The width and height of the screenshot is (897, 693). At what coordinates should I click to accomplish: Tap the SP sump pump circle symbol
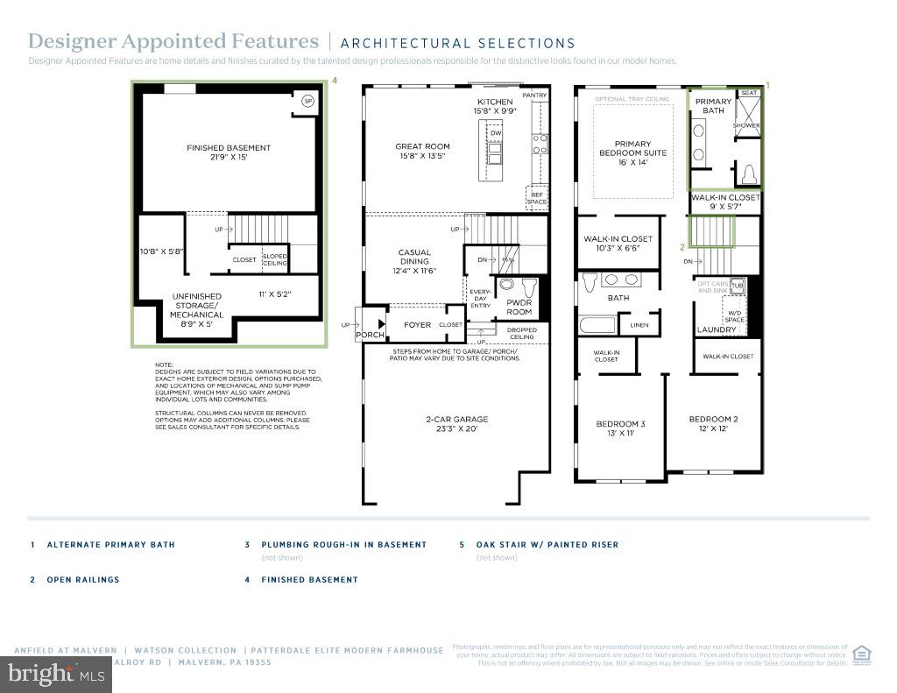(x=307, y=102)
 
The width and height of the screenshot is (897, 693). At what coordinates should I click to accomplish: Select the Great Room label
(x=422, y=152)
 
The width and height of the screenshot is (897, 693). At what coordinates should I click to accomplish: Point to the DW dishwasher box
(x=495, y=132)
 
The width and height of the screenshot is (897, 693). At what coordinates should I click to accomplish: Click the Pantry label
(x=534, y=95)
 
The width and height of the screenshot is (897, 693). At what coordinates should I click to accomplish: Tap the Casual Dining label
(x=414, y=261)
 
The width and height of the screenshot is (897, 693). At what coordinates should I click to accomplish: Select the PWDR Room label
(x=519, y=307)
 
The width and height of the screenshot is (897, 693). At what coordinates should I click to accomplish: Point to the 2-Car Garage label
(x=456, y=424)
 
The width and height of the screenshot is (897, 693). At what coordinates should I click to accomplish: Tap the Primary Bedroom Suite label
(x=632, y=153)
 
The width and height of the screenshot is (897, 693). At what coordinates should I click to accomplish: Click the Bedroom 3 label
(x=620, y=428)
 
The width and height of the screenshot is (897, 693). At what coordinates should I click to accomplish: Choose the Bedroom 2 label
(x=713, y=424)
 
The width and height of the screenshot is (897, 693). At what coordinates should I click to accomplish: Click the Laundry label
(x=716, y=330)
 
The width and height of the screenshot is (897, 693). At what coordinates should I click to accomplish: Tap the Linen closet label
(x=639, y=325)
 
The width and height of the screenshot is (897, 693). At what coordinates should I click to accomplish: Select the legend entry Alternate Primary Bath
(x=110, y=545)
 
